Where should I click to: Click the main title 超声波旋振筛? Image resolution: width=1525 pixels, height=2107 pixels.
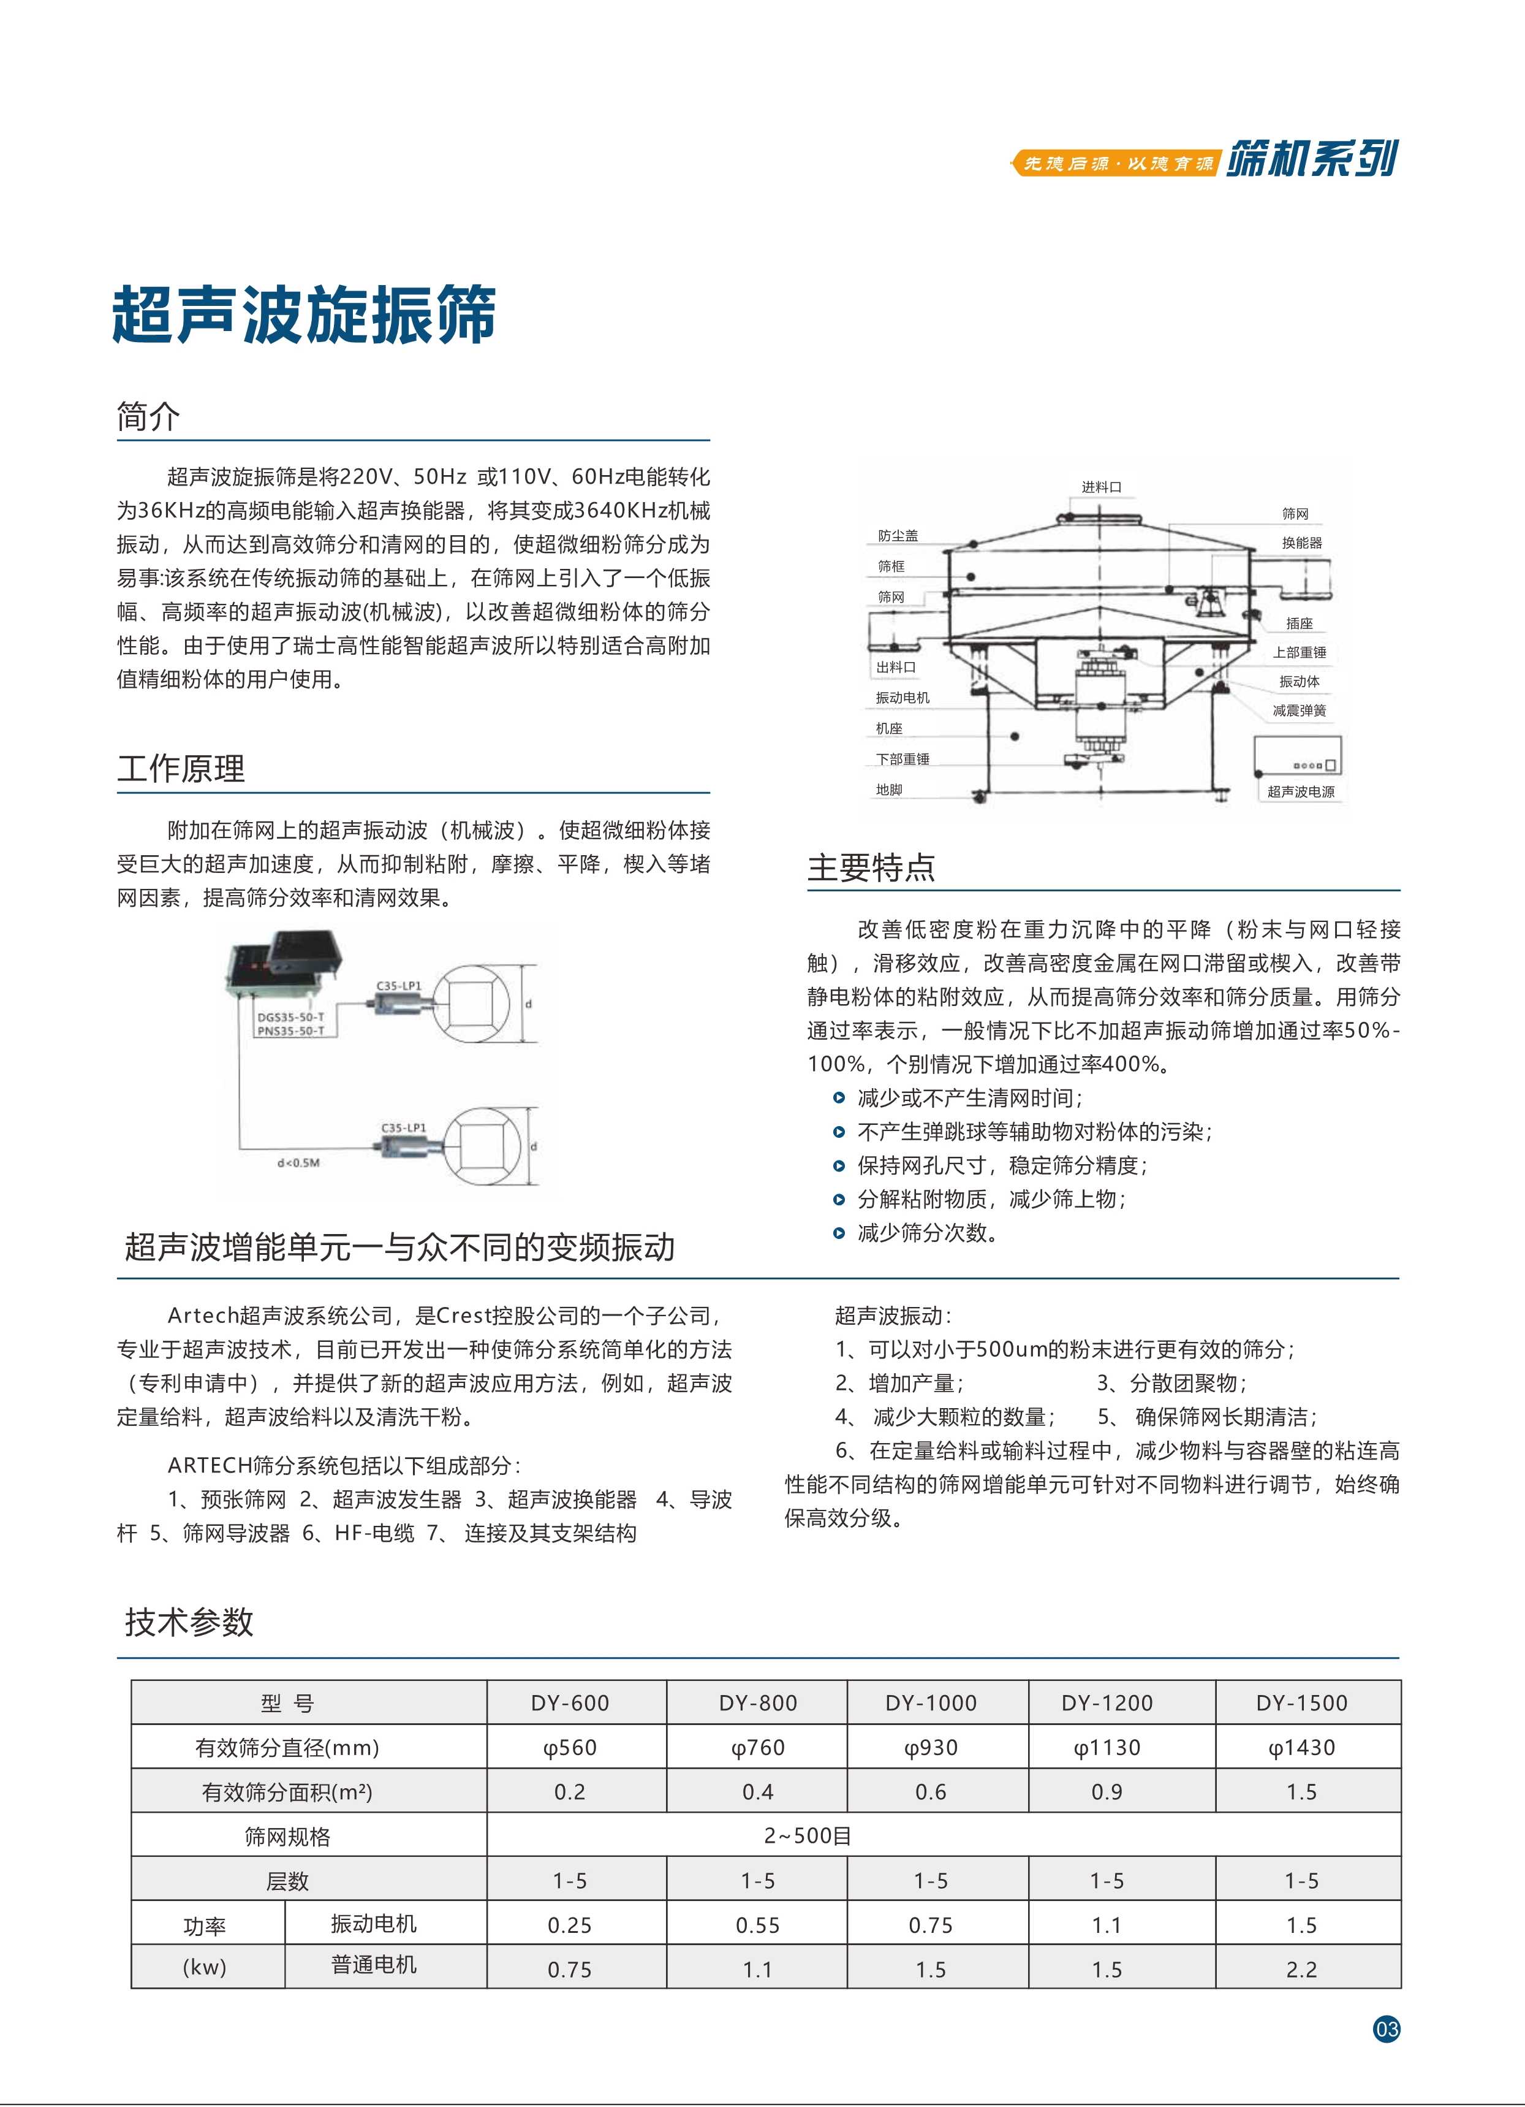(304, 315)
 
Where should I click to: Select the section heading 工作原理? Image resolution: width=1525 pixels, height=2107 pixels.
(181, 768)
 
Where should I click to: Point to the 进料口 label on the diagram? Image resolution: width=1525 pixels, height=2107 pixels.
(1102, 487)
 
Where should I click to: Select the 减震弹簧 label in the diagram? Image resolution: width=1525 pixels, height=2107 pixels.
(1300, 711)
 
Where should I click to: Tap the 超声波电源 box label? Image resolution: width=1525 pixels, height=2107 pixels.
(1300, 791)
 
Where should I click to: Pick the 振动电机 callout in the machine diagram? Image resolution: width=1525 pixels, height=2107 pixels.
(902, 698)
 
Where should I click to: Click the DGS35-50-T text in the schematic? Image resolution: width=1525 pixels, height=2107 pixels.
(290, 1017)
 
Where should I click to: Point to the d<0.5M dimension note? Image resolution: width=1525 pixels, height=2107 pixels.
(299, 1162)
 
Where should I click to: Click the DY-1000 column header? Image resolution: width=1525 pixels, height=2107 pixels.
(931, 1703)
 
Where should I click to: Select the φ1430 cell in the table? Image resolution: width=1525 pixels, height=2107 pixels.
(1301, 1748)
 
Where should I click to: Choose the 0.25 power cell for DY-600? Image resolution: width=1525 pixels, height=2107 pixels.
(569, 1925)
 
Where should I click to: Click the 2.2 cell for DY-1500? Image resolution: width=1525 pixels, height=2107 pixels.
(1301, 1970)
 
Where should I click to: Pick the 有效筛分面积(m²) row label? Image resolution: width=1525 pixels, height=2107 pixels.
(287, 1792)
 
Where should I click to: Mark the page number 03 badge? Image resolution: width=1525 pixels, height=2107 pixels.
(1386, 2029)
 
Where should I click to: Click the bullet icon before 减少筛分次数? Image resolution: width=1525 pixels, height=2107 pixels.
(839, 1233)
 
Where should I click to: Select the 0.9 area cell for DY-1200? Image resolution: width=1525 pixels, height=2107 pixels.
(1106, 1792)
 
